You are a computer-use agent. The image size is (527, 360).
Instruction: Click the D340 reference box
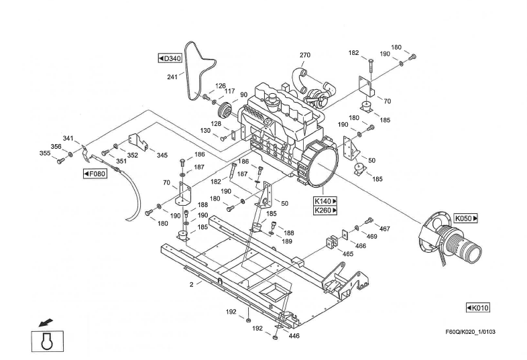pos(170,58)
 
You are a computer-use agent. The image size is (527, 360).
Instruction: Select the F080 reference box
pos(95,174)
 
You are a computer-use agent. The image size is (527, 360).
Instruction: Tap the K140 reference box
pos(325,201)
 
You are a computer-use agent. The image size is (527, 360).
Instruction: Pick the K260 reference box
pos(325,211)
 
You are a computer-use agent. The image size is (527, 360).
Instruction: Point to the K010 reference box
pos(478,308)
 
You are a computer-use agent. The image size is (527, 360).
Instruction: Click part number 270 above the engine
pos(305,55)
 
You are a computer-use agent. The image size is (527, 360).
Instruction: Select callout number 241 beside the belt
pos(172,77)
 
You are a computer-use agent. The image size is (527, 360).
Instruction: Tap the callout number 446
pos(294,336)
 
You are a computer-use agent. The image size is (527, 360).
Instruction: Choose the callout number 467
pos(384,229)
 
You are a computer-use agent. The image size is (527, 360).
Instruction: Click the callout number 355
pos(44,154)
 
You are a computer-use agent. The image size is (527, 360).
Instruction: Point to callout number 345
pos(162,155)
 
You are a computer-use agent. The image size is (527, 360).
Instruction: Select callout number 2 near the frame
pos(191,284)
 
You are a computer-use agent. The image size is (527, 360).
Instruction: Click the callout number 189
pos(287,241)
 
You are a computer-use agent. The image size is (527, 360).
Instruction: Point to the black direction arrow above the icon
pos(44,316)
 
